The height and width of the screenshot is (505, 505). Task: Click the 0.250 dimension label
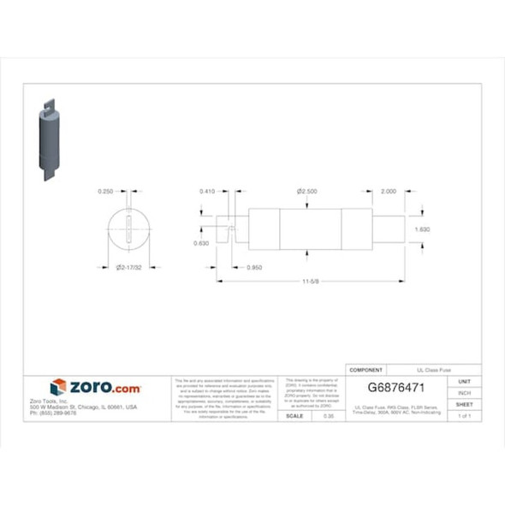pyautogui.click(x=106, y=193)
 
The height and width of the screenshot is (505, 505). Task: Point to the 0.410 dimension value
pyautogui.click(x=208, y=193)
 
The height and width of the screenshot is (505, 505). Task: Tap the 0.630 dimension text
pyautogui.click(x=202, y=243)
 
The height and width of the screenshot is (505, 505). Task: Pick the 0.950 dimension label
pyautogui.click(x=253, y=268)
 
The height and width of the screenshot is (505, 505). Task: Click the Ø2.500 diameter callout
pyautogui.click(x=307, y=193)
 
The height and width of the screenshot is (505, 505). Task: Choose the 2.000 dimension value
pyautogui.click(x=389, y=193)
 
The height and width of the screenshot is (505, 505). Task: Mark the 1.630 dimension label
pyautogui.click(x=422, y=229)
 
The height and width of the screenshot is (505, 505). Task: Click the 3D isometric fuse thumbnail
pyautogui.click(x=50, y=141)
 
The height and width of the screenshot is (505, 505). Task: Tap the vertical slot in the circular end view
pyautogui.click(x=128, y=231)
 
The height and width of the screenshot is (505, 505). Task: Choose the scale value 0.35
pyautogui.click(x=328, y=415)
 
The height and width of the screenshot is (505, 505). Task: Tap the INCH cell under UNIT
pyautogui.click(x=465, y=393)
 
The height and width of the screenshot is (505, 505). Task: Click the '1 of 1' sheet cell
pyautogui.click(x=465, y=415)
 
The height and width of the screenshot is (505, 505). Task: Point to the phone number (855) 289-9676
pyautogui.click(x=72, y=413)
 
